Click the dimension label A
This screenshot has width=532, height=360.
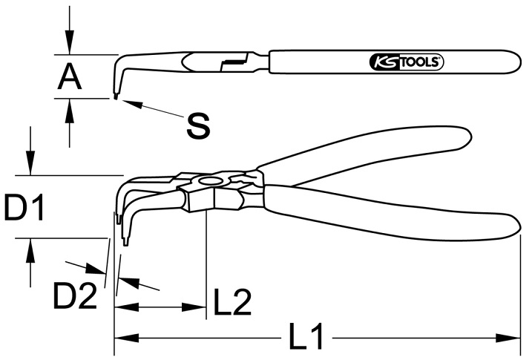pos(70,77)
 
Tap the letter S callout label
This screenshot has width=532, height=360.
pos(198,126)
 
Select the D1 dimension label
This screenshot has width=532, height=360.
pos(24,207)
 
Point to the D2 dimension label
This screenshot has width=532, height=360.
pos(75,297)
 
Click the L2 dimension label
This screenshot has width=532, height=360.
pos(232,302)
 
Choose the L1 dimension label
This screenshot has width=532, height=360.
pos(306,336)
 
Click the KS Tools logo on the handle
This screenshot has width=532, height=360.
pos(406,62)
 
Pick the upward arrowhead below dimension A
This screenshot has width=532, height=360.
pos(70,111)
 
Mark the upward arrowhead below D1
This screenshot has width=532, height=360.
pos(30,250)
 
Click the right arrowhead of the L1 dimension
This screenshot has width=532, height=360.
pos(508,338)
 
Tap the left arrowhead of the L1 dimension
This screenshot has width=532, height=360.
pos(127,338)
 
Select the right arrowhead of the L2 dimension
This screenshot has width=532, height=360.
pos(194,307)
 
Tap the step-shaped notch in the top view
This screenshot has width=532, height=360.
pos(234,62)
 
